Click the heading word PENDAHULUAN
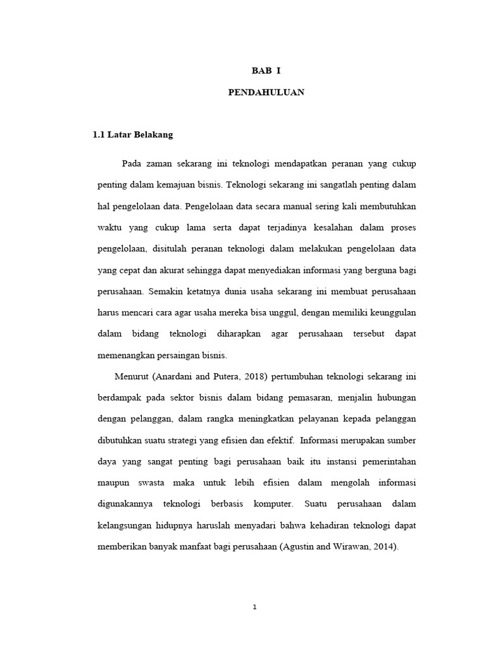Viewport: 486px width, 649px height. [x=266, y=93]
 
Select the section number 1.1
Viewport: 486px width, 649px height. [x=99, y=135]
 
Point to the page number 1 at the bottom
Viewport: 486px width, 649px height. [x=254, y=607]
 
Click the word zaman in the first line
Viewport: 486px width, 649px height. [x=161, y=164]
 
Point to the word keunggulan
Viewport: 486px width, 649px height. [x=389, y=312]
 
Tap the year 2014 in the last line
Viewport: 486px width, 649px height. [x=385, y=546]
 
